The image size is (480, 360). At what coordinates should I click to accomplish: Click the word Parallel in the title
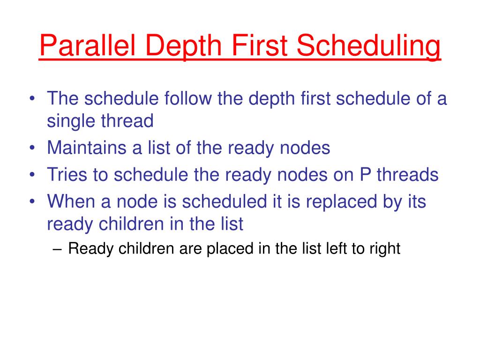point(88,45)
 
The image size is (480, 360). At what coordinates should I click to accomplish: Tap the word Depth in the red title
point(184,46)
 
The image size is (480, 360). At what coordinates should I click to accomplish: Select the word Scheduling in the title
point(368,46)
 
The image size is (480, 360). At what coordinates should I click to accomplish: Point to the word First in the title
point(259,45)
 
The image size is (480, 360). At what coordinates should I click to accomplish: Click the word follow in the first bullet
point(188,98)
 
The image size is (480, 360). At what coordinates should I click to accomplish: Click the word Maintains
point(87,147)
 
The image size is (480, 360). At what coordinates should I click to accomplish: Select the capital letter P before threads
point(365,174)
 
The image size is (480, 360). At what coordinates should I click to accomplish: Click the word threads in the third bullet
point(407,174)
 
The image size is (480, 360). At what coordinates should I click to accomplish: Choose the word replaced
point(341,202)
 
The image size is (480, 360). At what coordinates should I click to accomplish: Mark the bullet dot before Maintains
point(32,148)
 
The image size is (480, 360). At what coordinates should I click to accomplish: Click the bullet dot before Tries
point(32,174)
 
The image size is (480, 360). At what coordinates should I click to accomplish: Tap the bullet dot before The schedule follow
point(32,98)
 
